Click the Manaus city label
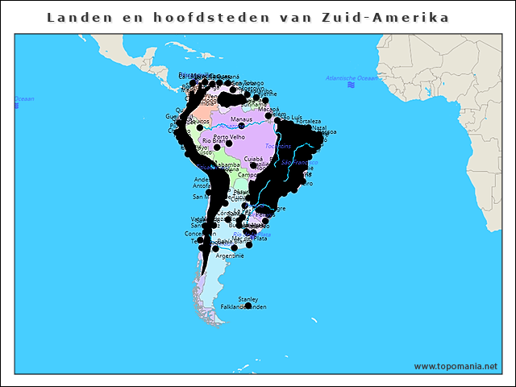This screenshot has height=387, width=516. pos(241,119)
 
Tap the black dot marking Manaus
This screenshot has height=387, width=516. pos(241,127)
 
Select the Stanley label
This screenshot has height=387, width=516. pos(248,299)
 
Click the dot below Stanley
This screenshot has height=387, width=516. pos(248,306)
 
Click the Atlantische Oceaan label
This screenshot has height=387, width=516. pos(352,78)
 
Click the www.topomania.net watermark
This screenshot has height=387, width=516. pos(456,366)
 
